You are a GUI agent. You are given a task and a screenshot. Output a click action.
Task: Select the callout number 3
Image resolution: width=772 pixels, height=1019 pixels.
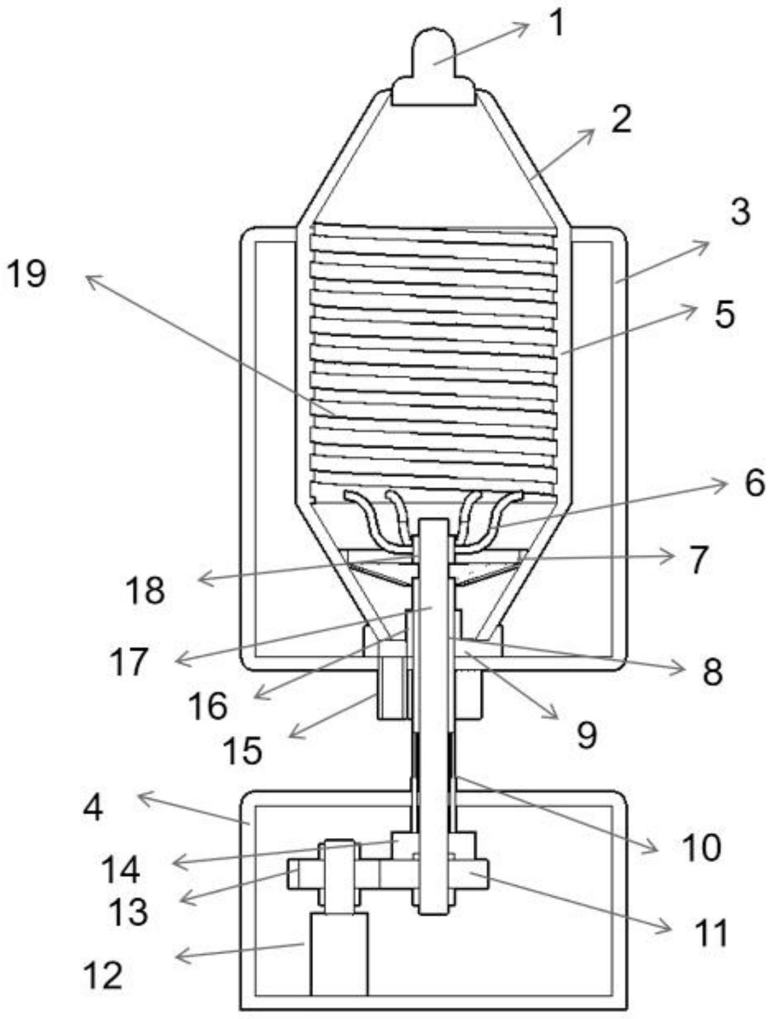[x=739, y=212]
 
